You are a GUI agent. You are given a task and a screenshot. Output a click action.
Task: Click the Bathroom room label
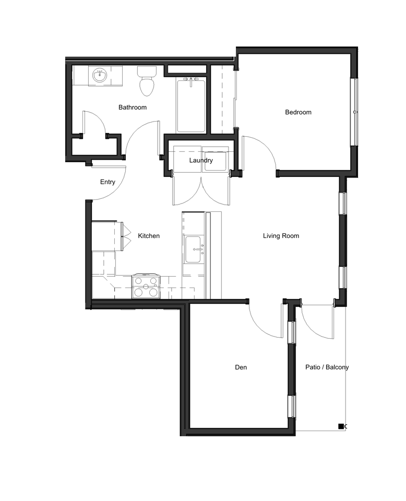coord(132,108)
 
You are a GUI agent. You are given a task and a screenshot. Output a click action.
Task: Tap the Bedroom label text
coord(298,112)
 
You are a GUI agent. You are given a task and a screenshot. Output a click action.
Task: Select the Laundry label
coord(201,160)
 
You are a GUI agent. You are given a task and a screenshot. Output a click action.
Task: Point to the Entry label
coord(108,182)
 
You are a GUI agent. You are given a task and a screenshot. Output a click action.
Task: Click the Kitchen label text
coord(149,236)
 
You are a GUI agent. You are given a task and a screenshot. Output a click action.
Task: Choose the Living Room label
coord(281,236)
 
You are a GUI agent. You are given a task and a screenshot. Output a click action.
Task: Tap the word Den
coord(241,367)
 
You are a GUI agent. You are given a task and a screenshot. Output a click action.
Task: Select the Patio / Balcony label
coord(327,367)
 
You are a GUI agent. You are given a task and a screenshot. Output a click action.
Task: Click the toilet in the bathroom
coord(146,82)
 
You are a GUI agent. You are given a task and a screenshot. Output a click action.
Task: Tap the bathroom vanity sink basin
coord(99,77)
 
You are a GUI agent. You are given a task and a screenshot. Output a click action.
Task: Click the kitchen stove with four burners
coord(146,286)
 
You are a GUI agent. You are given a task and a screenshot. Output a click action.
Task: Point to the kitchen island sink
coord(194,250)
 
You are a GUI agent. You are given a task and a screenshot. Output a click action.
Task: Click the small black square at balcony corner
coord(341,426)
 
